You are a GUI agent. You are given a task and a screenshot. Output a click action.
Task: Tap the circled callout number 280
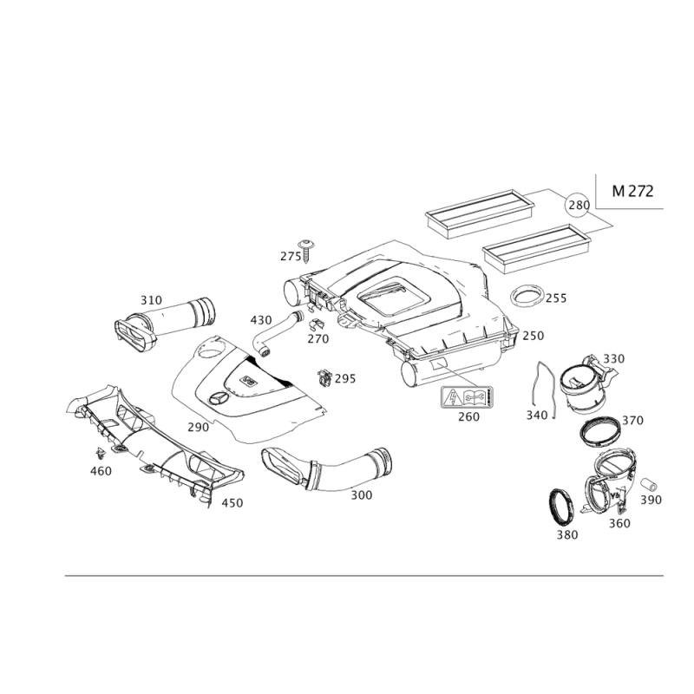coord(577,206)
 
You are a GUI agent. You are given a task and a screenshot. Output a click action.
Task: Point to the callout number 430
coord(259,321)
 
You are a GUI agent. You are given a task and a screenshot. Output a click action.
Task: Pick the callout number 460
coord(101,471)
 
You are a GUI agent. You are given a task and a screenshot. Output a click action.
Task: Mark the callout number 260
coord(468,417)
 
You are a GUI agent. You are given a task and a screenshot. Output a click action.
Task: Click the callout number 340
coord(537,417)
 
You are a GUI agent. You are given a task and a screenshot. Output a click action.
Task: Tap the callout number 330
coord(614,359)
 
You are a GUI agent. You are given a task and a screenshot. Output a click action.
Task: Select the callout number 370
coord(634,420)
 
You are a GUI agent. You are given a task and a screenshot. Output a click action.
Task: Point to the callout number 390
coord(651,501)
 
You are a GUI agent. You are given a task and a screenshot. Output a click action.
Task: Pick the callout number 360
coord(619,523)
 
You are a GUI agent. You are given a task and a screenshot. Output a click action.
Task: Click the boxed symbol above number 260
coord(468,397)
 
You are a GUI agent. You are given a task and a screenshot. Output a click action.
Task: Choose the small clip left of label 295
coord(324,377)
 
